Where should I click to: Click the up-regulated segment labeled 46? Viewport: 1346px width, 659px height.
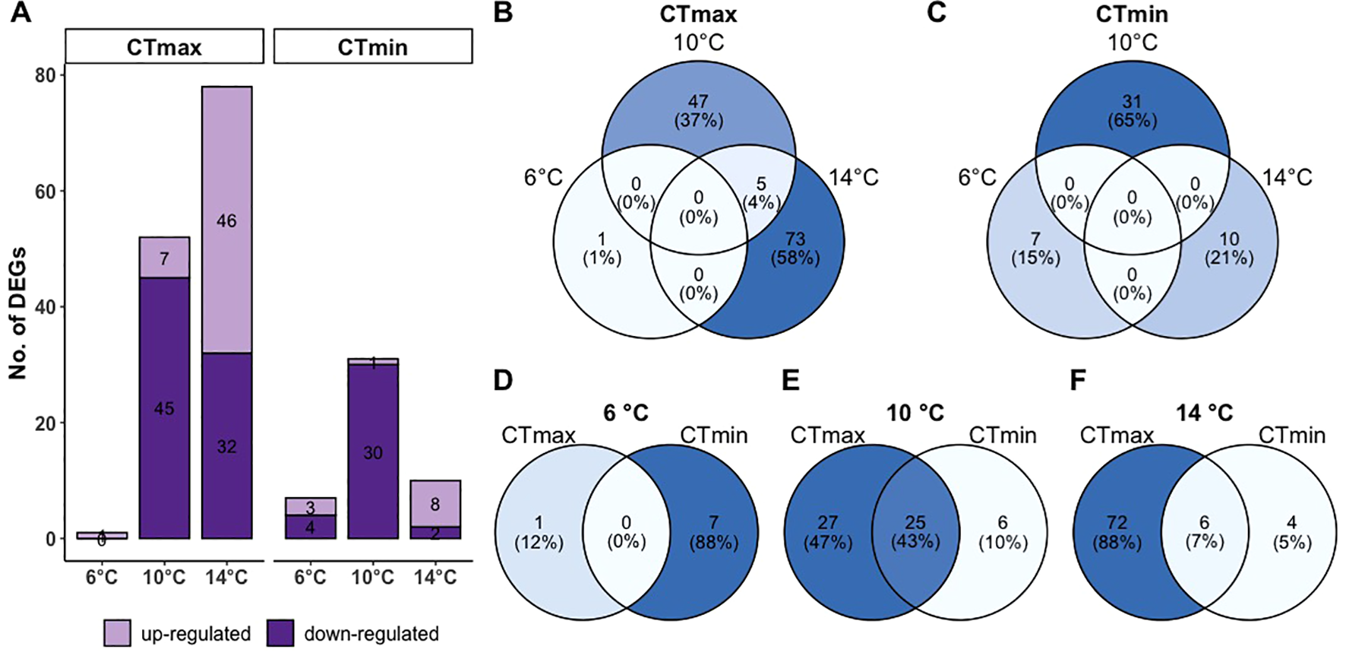pos(226,220)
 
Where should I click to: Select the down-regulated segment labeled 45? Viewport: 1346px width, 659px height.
pos(164,408)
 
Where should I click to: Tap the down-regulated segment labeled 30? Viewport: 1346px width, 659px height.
pos(372,452)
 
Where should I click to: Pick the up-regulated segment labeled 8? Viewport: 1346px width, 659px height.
pos(434,503)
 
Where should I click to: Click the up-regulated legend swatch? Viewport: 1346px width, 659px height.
pos(118,633)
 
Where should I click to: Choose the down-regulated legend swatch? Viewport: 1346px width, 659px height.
pos(280,633)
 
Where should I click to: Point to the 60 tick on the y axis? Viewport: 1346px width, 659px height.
pos(46,192)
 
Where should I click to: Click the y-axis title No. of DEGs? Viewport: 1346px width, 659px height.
pos(17,312)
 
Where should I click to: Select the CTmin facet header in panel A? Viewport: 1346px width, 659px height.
pos(372,47)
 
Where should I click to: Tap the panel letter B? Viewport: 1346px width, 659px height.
pos(503,14)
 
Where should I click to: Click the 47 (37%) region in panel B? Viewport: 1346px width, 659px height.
pos(698,111)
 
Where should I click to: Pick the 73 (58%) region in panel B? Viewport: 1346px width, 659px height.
pos(795,248)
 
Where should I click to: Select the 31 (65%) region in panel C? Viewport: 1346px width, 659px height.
pos(1132,111)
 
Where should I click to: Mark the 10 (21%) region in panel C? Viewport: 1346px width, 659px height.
pos(1229,248)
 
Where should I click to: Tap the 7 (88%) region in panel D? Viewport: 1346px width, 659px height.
pos(713,532)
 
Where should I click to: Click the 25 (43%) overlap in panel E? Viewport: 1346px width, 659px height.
pos(915,532)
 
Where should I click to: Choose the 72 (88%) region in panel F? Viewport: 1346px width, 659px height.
pos(1117,532)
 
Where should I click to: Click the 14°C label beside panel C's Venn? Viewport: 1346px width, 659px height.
pos(1287,177)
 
